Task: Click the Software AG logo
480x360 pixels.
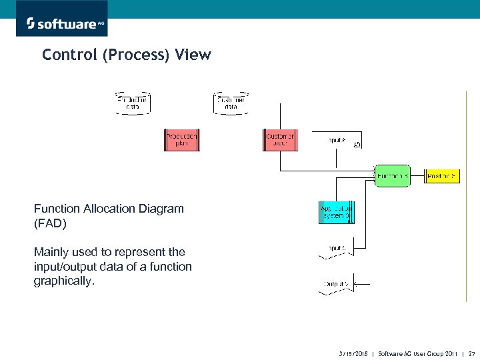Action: click(x=65, y=23)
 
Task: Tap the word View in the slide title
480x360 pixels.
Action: click(x=193, y=55)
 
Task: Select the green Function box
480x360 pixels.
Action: click(x=392, y=176)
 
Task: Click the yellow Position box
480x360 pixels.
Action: click(x=442, y=176)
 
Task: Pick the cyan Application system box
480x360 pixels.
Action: click(x=337, y=211)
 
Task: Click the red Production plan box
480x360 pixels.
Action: click(x=182, y=140)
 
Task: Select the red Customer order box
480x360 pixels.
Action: click(x=281, y=140)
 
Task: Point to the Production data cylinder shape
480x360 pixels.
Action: click(x=133, y=103)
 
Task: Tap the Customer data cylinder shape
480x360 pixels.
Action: click(x=231, y=103)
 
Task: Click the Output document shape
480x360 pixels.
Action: click(x=337, y=284)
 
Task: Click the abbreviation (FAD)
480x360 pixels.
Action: click(x=50, y=224)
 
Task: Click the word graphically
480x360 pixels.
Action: click(x=65, y=281)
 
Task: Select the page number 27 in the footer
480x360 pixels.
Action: click(x=472, y=353)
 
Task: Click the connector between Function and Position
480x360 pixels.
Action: click(x=417, y=176)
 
